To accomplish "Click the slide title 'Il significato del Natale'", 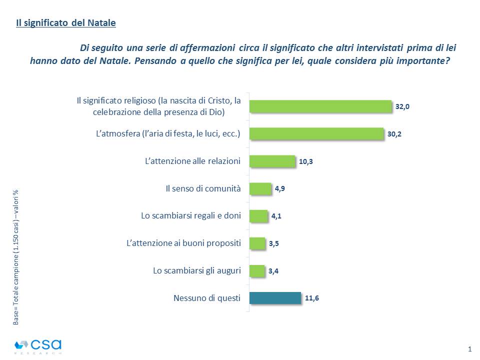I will (x=65, y=23).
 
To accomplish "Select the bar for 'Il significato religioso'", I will (x=320, y=106).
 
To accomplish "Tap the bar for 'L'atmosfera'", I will (x=316, y=134).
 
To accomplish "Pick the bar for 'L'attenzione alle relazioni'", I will (x=272, y=161).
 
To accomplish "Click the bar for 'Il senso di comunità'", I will (x=260, y=188).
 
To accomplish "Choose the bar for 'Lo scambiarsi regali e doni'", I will (x=258, y=216).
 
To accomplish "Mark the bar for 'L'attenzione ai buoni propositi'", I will (x=257, y=243).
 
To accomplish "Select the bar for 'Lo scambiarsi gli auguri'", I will (x=257, y=271).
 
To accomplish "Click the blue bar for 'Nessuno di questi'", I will (x=275, y=298).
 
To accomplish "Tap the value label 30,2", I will (x=394, y=134).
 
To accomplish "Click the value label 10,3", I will (x=306, y=161).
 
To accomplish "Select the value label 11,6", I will (x=312, y=298).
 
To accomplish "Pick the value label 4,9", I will (x=280, y=189).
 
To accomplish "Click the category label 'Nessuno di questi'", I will (x=207, y=298).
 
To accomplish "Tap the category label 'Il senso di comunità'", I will (x=203, y=189).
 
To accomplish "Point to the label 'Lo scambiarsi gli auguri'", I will (x=197, y=271).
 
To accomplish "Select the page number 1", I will (x=469, y=348).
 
